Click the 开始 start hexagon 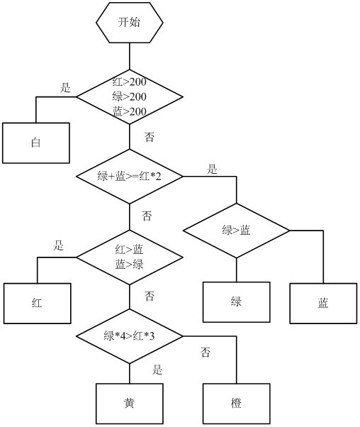(x=130, y=23)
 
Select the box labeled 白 (x=36, y=143)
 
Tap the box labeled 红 (x=38, y=304)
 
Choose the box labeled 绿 (x=237, y=302)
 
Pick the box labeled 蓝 (x=323, y=304)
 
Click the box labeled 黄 (x=130, y=404)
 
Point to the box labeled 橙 (x=237, y=404)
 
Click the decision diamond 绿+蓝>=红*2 (x=130, y=177)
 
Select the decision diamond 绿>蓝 (x=237, y=231)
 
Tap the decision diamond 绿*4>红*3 (x=130, y=336)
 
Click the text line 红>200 (x=130, y=82)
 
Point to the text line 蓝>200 (x=130, y=111)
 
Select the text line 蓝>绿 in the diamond (x=129, y=265)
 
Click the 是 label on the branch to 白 (x=65, y=88)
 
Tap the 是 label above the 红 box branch (x=59, y=245)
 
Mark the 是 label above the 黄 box (x=157, y=370)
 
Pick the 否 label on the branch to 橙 (x=206, y=352)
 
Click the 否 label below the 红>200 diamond (x=149, y=137)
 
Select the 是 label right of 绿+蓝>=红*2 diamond (x=212, y=169)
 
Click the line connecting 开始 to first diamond (x=130, y=56)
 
